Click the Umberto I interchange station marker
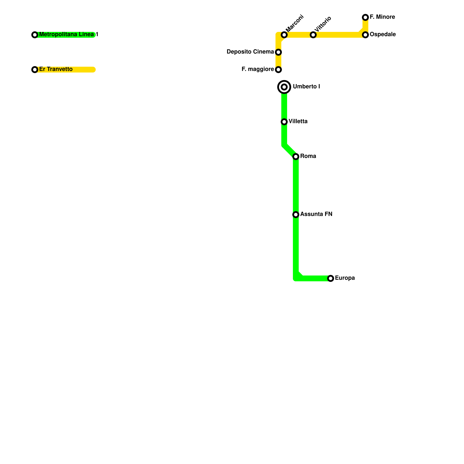coord(284,87)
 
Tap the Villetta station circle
coord(284,122)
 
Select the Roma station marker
coord(296,157)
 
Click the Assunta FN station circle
coord(296,215)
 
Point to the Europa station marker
coord(331,278)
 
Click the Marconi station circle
coord(284,35)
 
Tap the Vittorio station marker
coord(313,35)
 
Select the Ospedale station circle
coord(365,35)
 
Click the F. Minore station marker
coord(365,17)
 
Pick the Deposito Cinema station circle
coord(278,52)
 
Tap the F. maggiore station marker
coord(278,70)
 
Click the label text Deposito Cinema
coord(250,52)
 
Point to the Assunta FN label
coord(316,214)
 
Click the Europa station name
coord(345,278)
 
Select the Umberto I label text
coord(307,87)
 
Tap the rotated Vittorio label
coord(323,24)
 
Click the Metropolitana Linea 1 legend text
coord(68,35)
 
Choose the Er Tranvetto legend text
coord(56,69)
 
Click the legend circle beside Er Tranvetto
coord(35,70)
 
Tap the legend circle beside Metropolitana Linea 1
coord(35,35)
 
